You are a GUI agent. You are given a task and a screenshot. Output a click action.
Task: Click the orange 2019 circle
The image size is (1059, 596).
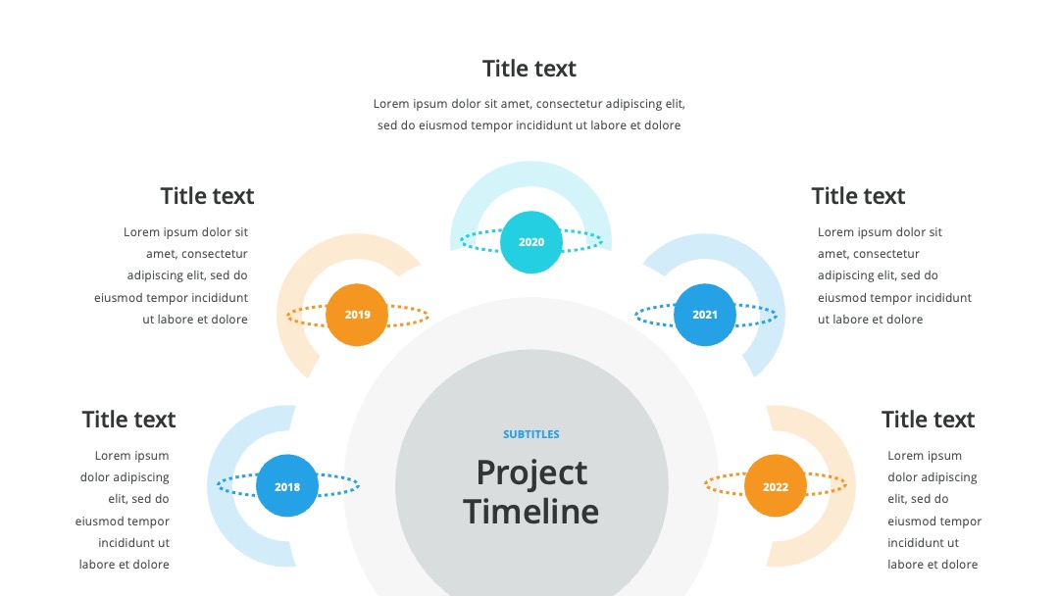(x=357, y=315)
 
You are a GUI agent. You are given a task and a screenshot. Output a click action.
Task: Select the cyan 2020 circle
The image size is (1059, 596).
(x=530, y=242)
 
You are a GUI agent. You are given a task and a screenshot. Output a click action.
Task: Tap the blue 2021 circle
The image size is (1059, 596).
(x=704, y=315)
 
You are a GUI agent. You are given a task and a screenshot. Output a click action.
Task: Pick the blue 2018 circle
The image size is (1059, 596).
(x=287, y=486)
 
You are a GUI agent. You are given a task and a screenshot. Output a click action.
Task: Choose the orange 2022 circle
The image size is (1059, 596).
(x=776, y=486)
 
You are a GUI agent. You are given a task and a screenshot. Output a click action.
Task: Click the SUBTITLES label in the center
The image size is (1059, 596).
(x=530, y=434)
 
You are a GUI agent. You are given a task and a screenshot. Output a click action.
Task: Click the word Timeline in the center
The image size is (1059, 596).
(x=530, y=512)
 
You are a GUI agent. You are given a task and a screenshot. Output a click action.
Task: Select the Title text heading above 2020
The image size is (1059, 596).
(x=529, y=69)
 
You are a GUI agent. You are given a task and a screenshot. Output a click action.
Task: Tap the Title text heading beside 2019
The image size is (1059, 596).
(x=207, y=196)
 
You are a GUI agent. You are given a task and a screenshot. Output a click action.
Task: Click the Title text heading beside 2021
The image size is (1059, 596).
(x=858, y=196)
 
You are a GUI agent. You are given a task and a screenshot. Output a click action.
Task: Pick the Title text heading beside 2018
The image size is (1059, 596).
(x=128, y=420)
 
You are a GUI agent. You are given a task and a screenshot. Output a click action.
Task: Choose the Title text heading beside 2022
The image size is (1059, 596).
(x=928, y=420)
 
